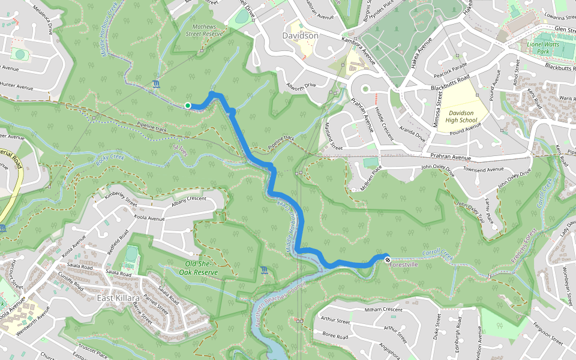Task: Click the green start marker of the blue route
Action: pos(188,106)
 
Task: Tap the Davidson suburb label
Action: pos(300,36)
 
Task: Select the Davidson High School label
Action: pos(461,116)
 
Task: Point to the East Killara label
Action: pos(119,298)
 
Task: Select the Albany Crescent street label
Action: pos(188,199)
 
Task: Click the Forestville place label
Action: pos(403,265)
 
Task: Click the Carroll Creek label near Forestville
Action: pos(435,254)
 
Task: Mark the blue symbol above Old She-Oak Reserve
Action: pos(265,272)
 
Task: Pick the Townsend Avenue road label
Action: pos(478,170)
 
